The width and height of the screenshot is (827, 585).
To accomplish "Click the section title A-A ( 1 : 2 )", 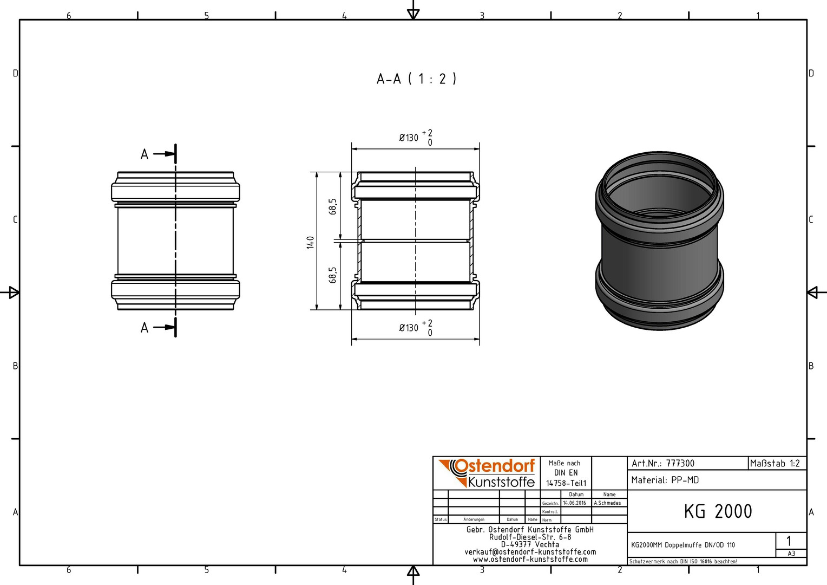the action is tap(416, 79).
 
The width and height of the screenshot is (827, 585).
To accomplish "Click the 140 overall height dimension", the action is tap(310, 243).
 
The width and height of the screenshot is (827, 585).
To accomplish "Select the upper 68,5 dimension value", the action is tap(333, 206).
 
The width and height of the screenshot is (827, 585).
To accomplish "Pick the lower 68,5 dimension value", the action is tap(333, 275).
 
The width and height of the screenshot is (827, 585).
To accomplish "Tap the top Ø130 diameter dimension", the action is tap(416, 138).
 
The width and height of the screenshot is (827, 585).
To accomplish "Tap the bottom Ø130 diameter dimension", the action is tap(416, 328).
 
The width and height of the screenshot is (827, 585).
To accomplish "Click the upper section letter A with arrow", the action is tap(157, 154).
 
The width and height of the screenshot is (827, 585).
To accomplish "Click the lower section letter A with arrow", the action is tap(157, 327).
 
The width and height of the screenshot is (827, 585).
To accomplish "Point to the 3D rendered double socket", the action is tap(659, 240).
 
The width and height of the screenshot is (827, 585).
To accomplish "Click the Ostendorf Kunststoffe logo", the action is tap(487, 473).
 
